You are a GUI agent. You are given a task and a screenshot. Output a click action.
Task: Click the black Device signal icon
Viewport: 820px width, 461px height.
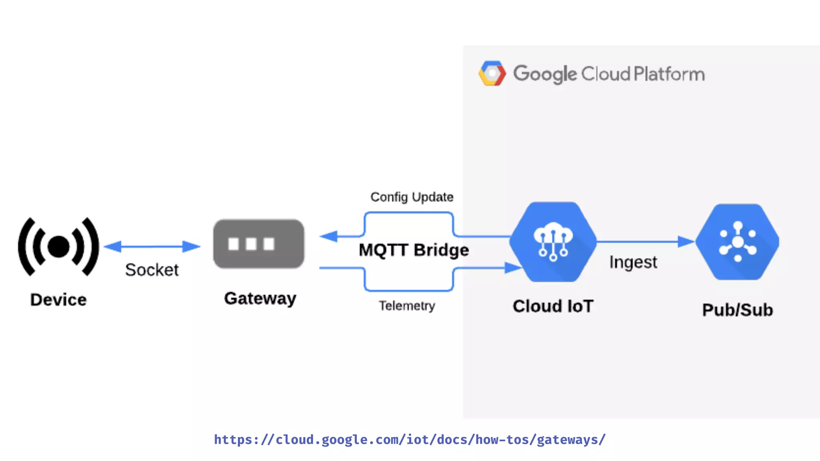coord(58,247)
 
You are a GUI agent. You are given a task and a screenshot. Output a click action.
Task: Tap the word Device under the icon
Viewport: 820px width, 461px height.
coord(58,300)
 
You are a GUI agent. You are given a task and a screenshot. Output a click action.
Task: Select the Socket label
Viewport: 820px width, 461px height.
coord(152,270)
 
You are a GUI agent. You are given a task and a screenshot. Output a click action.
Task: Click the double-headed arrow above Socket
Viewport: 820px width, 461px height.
coord(152,247)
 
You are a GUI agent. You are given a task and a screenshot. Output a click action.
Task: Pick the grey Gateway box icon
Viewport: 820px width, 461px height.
coord(259,244)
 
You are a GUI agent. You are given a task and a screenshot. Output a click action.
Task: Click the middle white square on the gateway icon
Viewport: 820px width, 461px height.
coord(251,244)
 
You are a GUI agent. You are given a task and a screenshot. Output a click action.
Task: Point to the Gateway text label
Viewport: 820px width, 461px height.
coord(260,299)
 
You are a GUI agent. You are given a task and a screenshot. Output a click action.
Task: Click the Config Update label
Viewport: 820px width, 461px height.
coord(412,197)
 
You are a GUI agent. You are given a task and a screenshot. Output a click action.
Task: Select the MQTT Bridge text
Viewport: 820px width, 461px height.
coord(414,250)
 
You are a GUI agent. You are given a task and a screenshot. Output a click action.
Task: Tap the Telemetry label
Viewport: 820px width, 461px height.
coord(407,306)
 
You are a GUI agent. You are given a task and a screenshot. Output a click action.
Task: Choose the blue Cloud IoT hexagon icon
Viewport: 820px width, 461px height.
coord(553,242)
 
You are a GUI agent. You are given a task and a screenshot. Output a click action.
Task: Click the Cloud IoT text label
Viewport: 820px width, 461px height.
coord(553,307)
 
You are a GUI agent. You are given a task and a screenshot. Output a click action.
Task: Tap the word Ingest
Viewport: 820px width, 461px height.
coord(633,263)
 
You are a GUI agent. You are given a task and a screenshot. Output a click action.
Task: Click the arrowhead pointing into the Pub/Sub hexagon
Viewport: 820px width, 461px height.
coord(685,241)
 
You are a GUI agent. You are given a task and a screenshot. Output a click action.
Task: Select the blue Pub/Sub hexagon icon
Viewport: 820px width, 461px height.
coord(738,242)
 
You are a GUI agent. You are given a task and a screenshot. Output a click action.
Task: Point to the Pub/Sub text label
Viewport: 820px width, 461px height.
coord(738,310)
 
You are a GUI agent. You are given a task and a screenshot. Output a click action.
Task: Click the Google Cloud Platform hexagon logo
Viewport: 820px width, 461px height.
coord(492,74)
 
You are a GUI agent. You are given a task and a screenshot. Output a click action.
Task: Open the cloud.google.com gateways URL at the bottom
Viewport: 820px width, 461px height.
coord(410,440)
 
